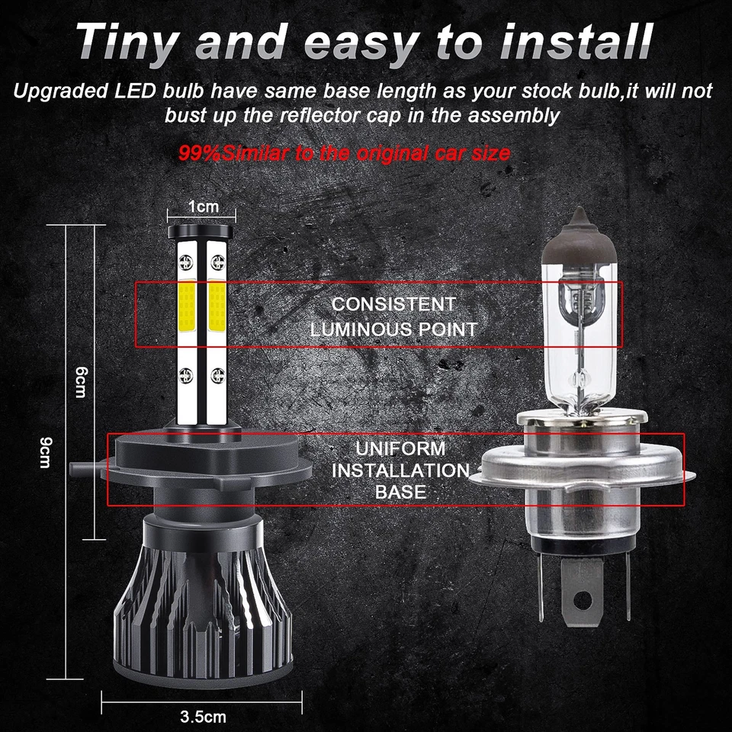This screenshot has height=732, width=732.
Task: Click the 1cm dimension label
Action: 203,207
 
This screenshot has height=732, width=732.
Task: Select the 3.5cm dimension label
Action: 203,717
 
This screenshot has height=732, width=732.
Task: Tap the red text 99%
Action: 200,153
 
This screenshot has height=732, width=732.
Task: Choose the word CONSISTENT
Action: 393,303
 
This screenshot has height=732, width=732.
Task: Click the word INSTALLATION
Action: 400,470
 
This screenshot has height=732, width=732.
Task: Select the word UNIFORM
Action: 400,448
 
